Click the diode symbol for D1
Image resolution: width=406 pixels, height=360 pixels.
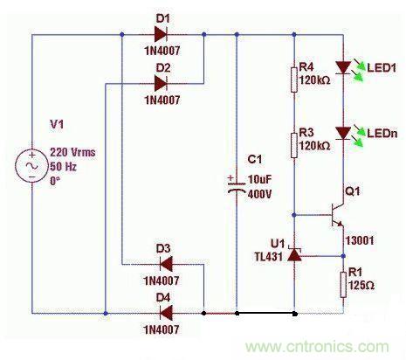pos(160,35)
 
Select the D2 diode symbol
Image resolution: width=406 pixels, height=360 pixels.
pos(160,84)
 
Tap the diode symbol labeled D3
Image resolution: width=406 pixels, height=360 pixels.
pos(160,265)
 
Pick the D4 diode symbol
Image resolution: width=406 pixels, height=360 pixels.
pos(160,311)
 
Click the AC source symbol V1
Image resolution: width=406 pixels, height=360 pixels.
pos(32,165)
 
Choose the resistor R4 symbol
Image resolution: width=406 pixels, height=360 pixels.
pos(295,80)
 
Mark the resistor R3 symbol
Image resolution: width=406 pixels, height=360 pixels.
pos(295,143)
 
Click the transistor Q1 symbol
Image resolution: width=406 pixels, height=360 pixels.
pos(336,212)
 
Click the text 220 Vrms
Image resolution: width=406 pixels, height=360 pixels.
pos(72,152)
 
